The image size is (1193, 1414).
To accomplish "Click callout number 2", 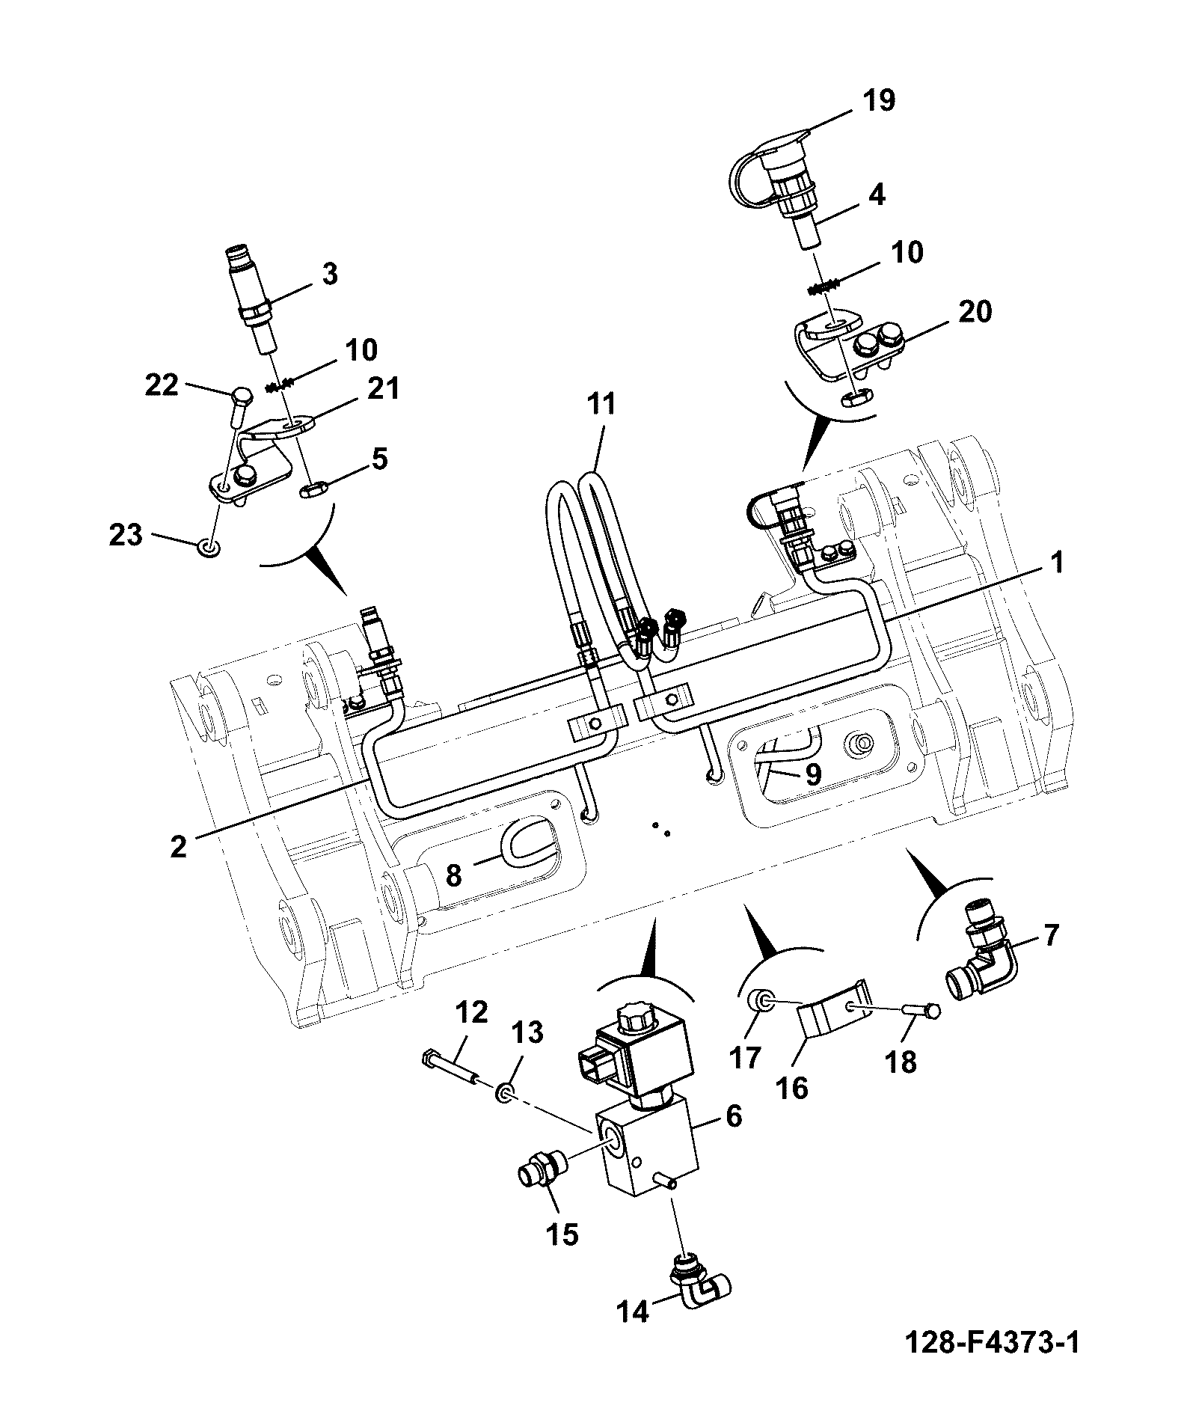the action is (178, 846).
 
